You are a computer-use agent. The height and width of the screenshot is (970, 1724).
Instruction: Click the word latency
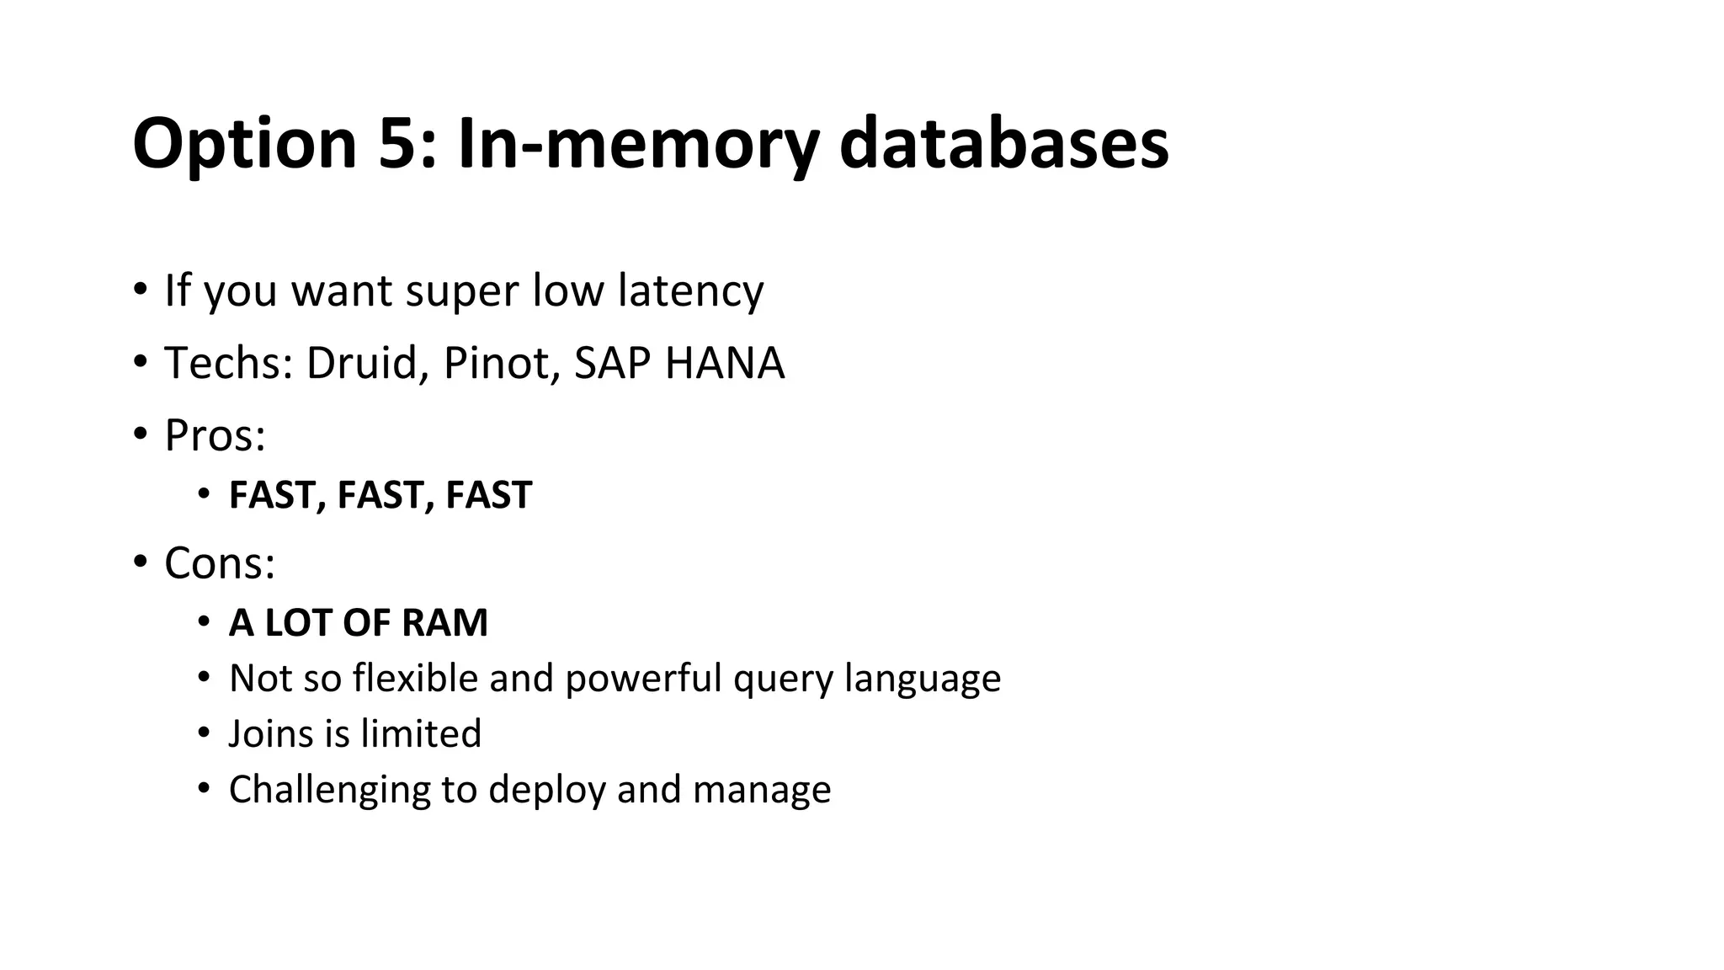click(690, 290)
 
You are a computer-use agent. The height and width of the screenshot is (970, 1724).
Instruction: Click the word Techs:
click(228, 363)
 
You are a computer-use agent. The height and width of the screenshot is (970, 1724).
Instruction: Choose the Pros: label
click(215, 435)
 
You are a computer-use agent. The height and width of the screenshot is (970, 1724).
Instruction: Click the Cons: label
click(220, 562)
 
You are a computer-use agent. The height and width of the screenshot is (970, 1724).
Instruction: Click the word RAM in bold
click(444, 623)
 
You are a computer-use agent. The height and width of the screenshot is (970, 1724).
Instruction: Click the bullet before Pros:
click(140, 434)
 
